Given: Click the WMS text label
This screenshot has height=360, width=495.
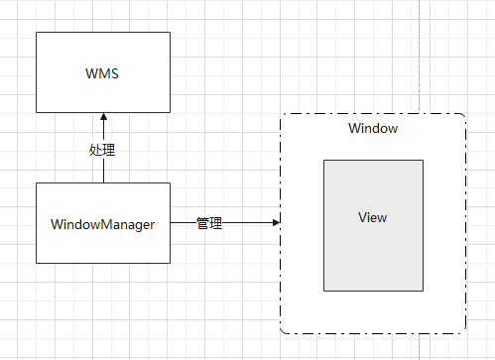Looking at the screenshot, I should pyautogui.click(x=102, y=71).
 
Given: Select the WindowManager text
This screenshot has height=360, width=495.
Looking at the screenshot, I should pyautogui.click(x=102, y=224).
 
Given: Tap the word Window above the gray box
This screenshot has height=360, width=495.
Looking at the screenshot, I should pyautogui.click(x=373, y=129).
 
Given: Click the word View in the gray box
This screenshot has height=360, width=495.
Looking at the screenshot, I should pyautogui.click(x=373, y=218).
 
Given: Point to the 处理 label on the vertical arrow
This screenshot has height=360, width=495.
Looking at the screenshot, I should pyautogui.click(x=102, y=151).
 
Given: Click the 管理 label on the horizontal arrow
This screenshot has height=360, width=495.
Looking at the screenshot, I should pyautogui.click(x=209, y=224).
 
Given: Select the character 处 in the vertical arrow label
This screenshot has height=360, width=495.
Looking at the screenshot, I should pyautogui.click(x=96, y=151).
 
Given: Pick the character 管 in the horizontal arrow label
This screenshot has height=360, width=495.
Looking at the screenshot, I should pyautogui.click(x=202, y=224).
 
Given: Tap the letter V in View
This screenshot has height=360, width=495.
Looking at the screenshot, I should pyautogui.click(x=362, y=218).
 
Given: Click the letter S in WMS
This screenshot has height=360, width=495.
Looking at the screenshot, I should pyautogui.click(x=115, y=71).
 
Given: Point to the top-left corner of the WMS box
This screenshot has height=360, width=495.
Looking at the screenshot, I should pyautogui.click(x=37, y=33).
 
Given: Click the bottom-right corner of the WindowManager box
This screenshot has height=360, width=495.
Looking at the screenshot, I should pyautogui.click(x=170, y=263).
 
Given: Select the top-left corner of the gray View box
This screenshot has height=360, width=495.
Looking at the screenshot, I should pyautogui.click(x=324, y=160).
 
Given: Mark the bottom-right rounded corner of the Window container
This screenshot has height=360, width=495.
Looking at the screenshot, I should pyautogui.click(x=462, y=330).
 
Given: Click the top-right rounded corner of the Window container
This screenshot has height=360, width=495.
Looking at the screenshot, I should pyautogui.click(x=462, y=117).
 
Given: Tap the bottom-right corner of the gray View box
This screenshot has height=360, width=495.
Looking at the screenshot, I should pyautogui.click(x=423, y=290).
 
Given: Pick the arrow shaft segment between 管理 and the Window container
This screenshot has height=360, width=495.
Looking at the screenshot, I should pyautogui.click(x=248, y=223).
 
